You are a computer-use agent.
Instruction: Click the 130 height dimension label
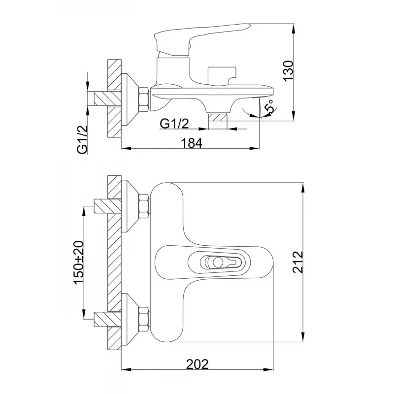pyautogui.click(x=289, y=70)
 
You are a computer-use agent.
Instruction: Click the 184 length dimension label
pyautogui.click(x=192, y=143)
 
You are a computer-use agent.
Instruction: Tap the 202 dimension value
pyautogui.click(x=197, y=364)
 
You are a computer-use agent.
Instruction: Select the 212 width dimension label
pyautogui.click(x=298, y=262)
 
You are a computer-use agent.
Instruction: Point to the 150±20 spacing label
pyautogui.click(x=78, y=262)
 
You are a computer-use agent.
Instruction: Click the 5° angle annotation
pyautogui.click(x=269, y=106)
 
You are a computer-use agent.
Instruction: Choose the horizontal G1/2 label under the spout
pyautogui.click(x=174, y=124)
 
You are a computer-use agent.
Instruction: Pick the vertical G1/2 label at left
pyautogui.click(x=82, y=139)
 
